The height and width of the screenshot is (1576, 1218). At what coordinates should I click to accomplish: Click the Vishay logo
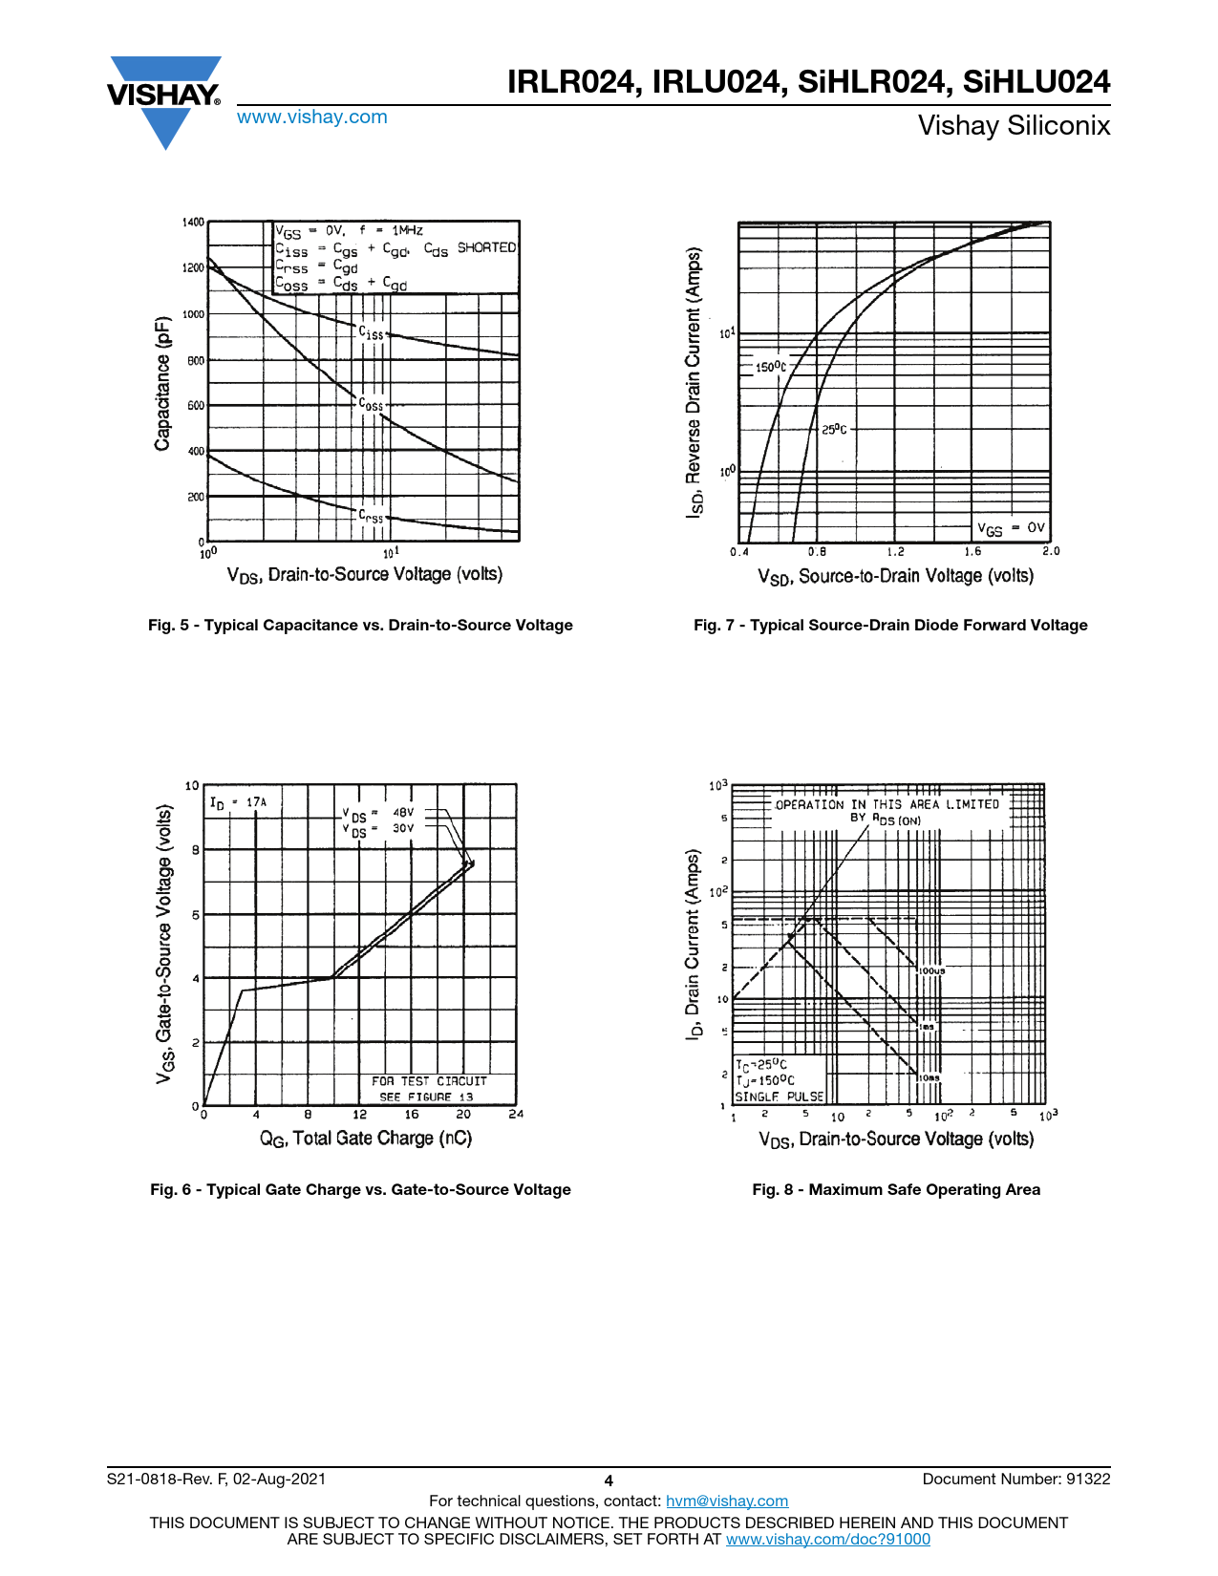(x=164, y=99)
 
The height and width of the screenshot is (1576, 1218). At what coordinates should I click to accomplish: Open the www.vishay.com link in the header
(x=312, y=117)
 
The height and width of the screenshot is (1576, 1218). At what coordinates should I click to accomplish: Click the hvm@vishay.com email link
(x=726, y=1501)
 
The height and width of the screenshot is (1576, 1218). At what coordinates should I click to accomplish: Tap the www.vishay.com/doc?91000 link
(x=827, y=1539)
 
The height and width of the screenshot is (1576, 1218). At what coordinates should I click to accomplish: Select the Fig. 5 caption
(x=360, y=626)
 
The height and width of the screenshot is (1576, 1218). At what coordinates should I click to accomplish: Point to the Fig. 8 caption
(x=896, y=1190)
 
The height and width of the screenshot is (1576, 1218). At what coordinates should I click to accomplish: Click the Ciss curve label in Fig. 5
(x=371, y=333)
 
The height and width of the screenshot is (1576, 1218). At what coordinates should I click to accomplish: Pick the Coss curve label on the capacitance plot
(x=371, y=404)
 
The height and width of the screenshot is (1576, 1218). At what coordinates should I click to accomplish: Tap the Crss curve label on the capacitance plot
(x=371, y=516)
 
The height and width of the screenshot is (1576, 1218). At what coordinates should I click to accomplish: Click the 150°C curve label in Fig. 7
(x=771, y=367)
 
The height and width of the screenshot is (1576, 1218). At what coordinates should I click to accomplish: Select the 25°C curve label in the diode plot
(x=834, y=430)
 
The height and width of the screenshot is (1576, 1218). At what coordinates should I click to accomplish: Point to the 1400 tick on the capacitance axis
(x=193, y=223)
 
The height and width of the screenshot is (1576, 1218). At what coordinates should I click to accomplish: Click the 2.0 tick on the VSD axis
(x=1051, y=551)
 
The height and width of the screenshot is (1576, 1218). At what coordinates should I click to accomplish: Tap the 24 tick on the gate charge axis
(x=516, y=1114)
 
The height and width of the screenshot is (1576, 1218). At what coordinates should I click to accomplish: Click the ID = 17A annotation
(x=238, y=802)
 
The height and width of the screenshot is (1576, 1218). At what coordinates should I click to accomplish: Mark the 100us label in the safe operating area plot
(x=931, y=970)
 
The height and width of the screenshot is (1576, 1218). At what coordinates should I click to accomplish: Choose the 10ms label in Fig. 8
(x=930, y=1077)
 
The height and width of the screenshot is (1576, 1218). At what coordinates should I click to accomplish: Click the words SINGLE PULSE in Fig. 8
(x=779, y=1097)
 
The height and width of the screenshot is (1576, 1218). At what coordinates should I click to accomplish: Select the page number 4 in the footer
(x=609, y=1480)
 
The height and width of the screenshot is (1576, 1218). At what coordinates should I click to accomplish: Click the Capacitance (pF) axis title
(x=163, y=383)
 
